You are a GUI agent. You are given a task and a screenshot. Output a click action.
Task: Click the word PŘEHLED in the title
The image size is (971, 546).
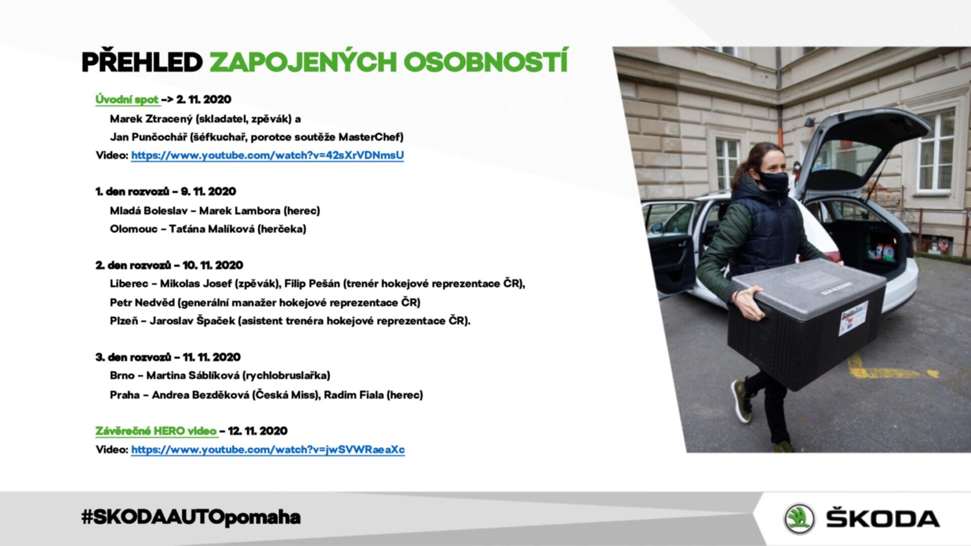tap(142, 62)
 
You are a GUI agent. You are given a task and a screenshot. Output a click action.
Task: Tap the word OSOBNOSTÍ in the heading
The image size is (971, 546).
tap(486, 61)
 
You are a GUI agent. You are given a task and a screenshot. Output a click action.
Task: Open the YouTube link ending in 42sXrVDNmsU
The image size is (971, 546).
tap(268, 155)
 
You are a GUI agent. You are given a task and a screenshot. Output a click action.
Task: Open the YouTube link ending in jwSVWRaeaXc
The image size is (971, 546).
tap(268, 449)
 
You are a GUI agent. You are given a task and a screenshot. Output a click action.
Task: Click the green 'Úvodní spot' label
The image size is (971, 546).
tap(127, 100)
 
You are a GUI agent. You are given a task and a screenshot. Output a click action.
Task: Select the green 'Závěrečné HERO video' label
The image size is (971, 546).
tap(156, 431)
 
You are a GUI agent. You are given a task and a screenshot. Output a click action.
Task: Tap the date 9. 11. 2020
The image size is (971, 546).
tap(208, 192)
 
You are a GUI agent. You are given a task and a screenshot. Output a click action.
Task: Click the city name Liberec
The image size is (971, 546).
tap(129, 284)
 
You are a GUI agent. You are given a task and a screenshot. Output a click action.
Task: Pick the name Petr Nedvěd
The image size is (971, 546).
tap(142, 302)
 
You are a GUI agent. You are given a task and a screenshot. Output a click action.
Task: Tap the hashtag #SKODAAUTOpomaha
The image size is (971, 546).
tap(191, 517)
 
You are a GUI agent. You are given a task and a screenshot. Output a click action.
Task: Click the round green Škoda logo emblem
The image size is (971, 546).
tap(800, 519)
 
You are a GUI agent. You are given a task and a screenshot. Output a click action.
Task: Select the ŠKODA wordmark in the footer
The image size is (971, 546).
tap(883, 519)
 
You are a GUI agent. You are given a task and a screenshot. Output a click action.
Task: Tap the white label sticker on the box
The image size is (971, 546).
tap(854, 318)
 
